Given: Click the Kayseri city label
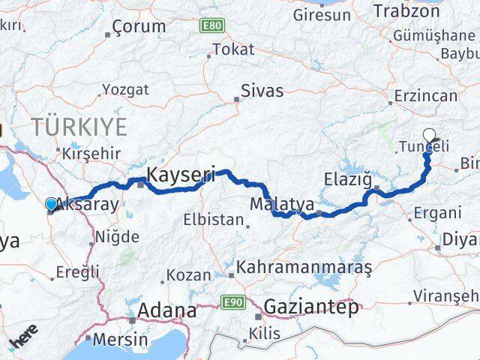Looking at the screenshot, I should [x=181, y=175].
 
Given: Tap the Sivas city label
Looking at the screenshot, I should [x=262, y=91].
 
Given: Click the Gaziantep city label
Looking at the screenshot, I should [x=310, y=306].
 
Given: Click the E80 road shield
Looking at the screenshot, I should [x=212, y=26].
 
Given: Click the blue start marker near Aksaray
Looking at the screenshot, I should [x=51, y=204].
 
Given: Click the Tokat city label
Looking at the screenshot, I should [x=233, y=49].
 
